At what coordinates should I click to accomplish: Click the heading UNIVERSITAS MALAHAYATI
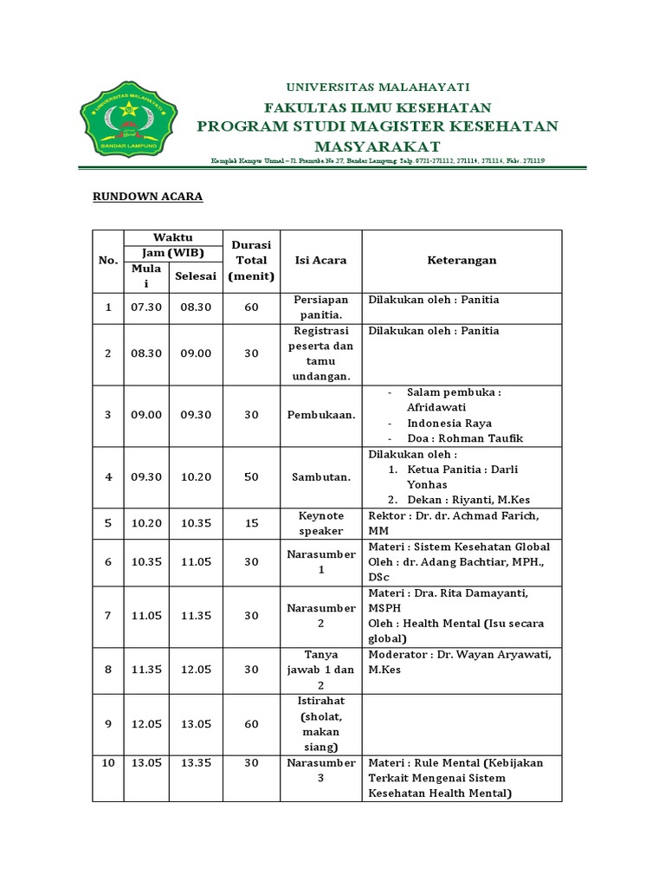coord(378,87)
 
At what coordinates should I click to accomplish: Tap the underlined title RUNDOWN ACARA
coord(147,197)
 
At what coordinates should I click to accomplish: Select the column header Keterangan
coord(462,260)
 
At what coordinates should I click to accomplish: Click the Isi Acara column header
coord(321,260)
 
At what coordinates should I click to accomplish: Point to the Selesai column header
coord(196,276)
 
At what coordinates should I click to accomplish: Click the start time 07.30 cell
coord(146,308)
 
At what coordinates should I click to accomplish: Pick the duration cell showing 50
coord(251,477)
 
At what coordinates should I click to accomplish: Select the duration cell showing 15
coord(251,523)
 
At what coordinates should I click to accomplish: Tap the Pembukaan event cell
coord(321,415)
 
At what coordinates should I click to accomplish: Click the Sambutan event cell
coord(321,477)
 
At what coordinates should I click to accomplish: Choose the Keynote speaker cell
coord(321,523)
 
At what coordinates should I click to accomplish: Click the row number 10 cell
coord(108,763)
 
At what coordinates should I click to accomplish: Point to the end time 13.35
coord(196,763)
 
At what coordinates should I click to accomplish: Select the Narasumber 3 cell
coord(321,770)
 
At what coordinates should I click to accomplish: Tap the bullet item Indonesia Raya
coord(449,423)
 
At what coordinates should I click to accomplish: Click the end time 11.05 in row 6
coord(196,562)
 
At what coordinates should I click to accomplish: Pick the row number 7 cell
coord(108,616)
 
